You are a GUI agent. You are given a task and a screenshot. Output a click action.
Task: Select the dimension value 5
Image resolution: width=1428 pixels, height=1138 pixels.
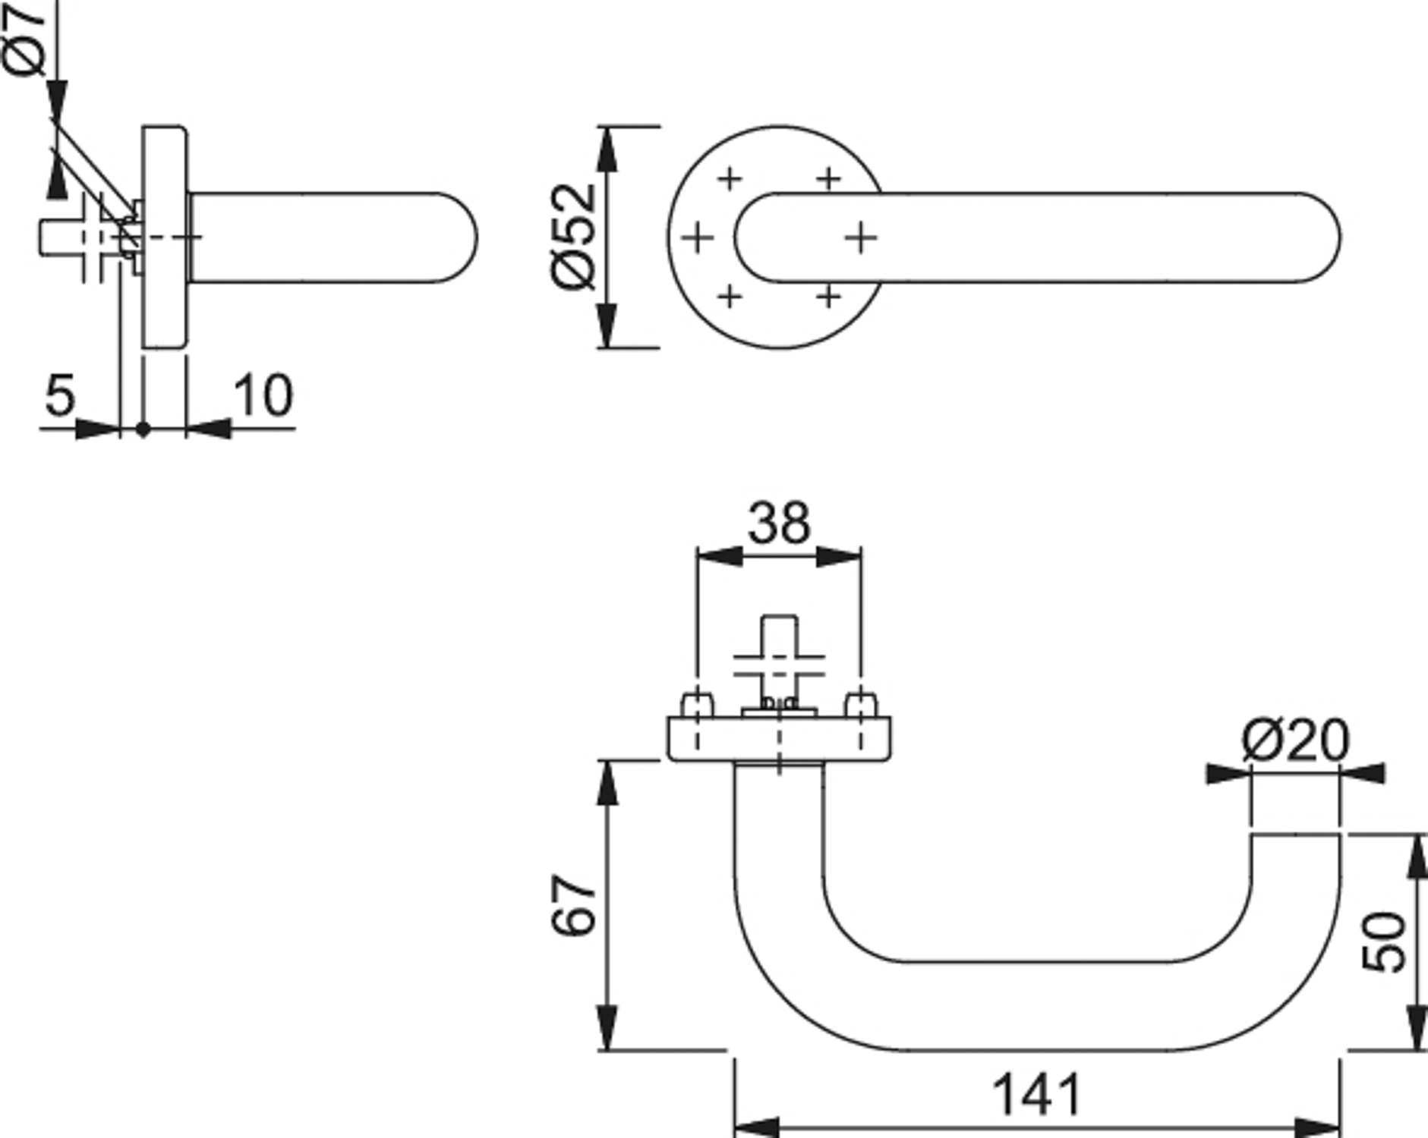pyautogui.click(x=60, y=395)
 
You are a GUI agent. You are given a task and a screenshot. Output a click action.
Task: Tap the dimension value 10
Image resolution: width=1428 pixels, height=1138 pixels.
pyautogui.click(x=263, y=395)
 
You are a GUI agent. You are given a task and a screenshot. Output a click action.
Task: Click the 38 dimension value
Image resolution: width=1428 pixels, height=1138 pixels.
pyautogui.click(x=779, y=523)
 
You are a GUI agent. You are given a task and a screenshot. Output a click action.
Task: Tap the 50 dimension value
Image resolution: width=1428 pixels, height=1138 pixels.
pyautogui.click(x=1383, y=942)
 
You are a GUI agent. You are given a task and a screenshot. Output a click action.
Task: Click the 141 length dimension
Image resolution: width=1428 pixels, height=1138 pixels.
pyautogui.click(x=1036, y=1095)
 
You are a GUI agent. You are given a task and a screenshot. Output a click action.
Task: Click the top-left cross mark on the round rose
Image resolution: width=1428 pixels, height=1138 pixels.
pyautogui.click(x=729, y=179)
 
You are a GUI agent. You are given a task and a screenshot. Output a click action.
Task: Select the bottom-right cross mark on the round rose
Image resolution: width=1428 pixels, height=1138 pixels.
pyautogui.click(x=829, y=296)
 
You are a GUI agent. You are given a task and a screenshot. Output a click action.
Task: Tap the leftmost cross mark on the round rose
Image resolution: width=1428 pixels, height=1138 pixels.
pyautogui.click(x=697, y=238)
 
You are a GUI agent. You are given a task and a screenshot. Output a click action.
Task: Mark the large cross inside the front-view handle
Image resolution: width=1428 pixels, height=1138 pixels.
pyautogui.click(x=861, y=237)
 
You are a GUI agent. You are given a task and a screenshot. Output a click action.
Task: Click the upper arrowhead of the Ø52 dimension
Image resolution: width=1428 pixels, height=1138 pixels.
pyautogui.click(x=607, y=149)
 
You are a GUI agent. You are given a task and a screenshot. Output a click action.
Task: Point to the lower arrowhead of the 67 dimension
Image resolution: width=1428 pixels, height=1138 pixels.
pyautogui.click(x=607, y=1027)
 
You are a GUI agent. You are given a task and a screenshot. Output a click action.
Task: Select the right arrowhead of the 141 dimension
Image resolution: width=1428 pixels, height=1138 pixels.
pyautogui.click(x=1317, y=1127)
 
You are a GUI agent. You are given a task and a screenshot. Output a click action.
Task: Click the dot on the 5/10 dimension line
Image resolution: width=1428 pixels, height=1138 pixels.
pyautogui.click(x=143, y=429)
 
